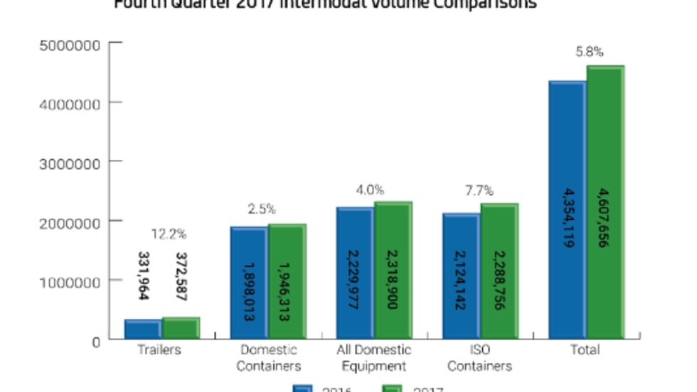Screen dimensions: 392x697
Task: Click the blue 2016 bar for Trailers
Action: [x=142, y=330]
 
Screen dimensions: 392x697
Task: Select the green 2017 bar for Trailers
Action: [x=180, y=328]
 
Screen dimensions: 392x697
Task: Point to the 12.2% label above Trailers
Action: [x=169, y=234]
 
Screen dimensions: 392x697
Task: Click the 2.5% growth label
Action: [x=262, y=209]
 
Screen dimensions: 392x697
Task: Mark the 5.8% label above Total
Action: [x=590, y=51]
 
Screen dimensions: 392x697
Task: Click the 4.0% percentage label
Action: [x=370, y=190]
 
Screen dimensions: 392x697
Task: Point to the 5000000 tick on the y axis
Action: [x=68, y=44]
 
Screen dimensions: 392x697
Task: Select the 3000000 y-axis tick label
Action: [x=68, y=163]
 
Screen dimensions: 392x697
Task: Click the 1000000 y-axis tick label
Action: [x=68, y=281]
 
